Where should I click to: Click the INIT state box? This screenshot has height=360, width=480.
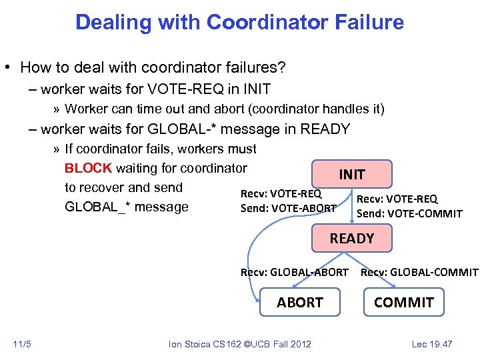(x=352, y=175)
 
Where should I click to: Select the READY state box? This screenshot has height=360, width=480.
(x=352, y=238)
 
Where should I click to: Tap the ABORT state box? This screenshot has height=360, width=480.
(x=300, y=302)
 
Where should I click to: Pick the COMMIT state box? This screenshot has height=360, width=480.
(x=404, y=302)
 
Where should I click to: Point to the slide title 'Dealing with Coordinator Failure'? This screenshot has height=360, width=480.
(x=239, y=22)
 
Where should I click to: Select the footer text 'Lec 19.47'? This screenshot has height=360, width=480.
(x=432, y=344)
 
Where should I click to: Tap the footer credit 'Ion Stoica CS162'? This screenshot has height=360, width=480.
(x=211, y=344)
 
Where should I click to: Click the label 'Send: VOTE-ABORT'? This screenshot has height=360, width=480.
(x=288, y=209)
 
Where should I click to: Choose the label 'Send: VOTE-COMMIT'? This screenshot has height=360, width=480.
(x=409, y=213)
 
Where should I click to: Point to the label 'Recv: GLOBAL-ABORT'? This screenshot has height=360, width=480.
(x=294, y=272)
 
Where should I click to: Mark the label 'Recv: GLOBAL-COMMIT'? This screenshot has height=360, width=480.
(x=419, y=272)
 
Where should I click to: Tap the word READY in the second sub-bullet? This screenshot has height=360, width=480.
(x=326, y=129)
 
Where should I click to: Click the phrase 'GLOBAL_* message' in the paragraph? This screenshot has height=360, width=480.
(x=127, y=207)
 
